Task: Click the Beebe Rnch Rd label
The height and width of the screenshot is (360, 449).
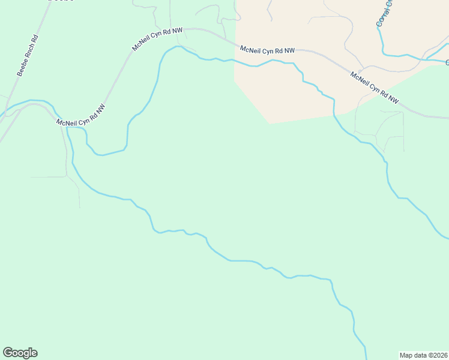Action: [x=28, y=55]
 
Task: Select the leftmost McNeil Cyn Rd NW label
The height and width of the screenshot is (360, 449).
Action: [x=80, y=115]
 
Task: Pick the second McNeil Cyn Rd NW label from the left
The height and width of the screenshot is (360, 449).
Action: [x=157, y=38]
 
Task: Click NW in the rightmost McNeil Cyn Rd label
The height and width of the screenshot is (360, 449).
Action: [x=393, y=99]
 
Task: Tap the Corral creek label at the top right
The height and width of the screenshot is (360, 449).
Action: [x=384, y=13]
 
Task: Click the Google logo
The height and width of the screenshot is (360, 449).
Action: [x=20, y=353]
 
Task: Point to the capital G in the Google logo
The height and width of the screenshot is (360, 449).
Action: [x=8, y=352]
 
